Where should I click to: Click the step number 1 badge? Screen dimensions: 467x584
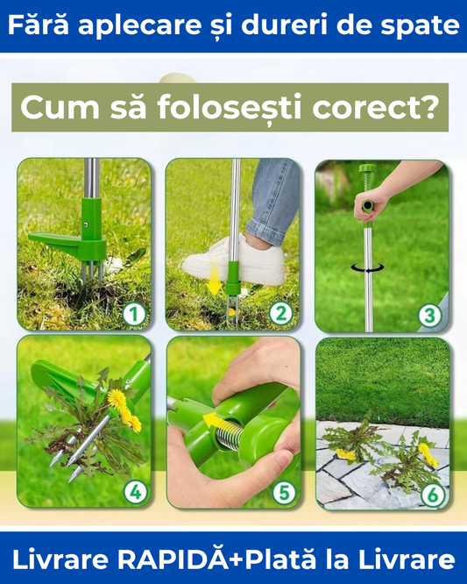coord(134,314)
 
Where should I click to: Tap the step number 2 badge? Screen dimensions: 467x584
coord(280,314)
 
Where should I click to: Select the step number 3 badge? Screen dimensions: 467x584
coord(430,316)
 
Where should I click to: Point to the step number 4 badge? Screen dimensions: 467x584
coord(136,492)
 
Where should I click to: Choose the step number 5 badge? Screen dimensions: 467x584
coord(284,493)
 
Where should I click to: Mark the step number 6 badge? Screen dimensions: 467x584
coord(433,495)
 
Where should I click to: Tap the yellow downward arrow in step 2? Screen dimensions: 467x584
coord(214,277)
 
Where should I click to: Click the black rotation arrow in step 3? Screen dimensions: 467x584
coord(368,267)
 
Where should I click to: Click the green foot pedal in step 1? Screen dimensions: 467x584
coord(67,246)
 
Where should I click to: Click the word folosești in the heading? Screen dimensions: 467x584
coord(229,108)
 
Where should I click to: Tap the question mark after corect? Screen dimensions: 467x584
coord(430,107)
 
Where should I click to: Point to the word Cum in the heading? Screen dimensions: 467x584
coord(60,108)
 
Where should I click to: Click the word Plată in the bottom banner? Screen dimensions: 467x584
coord(280,559)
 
